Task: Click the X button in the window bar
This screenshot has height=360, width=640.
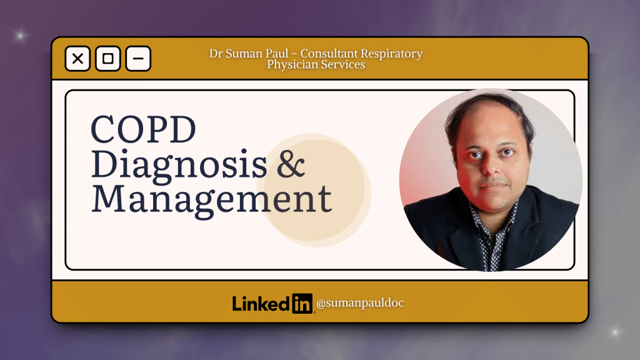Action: point(77,59)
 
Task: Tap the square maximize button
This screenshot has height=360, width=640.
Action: point(108,59)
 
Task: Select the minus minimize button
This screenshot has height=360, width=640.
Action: point(138,59)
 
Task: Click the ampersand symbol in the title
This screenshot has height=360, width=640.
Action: point(291,164)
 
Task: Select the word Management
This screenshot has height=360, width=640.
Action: point(211,198)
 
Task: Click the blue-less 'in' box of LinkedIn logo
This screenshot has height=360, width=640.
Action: point(302,303)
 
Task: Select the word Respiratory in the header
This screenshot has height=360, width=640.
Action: point(392,54)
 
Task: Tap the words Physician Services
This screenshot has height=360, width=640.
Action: point(316,64)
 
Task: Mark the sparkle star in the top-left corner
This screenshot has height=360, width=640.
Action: point(20,36)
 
